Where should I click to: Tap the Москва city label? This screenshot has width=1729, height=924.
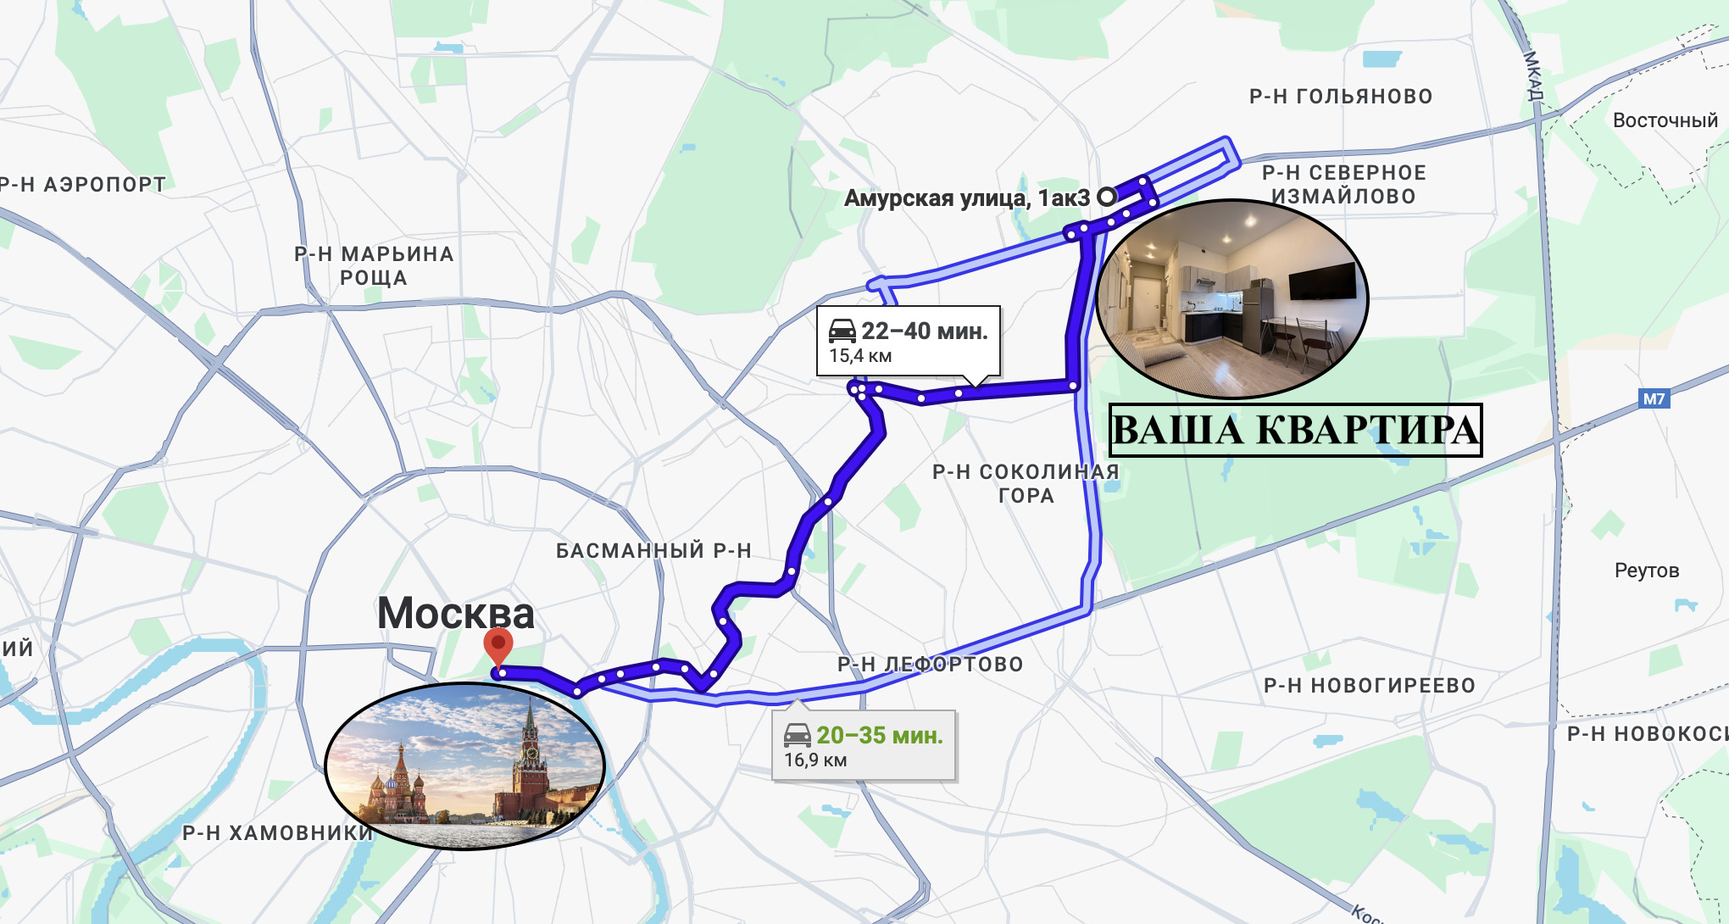(x=455, y=613)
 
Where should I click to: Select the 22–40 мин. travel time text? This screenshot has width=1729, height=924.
(x=924, y=331)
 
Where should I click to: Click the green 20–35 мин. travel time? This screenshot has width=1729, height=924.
(x=879, y=735)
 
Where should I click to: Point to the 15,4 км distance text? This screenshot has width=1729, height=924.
(x=859, y=356)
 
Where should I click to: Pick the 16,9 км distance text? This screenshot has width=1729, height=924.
(x=814, y=760)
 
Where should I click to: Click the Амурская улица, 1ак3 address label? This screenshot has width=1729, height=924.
(x=966, y=198)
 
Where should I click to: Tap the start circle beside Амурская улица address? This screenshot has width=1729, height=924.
(x=1106, y=197)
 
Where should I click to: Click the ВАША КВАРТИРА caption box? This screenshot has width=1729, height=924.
(x=1295, y=430)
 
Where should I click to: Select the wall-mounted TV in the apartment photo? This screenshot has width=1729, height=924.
(x=1322, y=281)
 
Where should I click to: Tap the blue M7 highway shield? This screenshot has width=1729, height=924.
(x=1654, y=398)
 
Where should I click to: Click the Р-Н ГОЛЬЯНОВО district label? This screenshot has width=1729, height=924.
(x=1341, y=97)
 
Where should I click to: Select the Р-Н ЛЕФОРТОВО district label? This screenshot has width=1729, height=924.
(x=930, y=665)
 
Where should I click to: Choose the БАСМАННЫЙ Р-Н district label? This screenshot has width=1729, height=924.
(x=653, y=551)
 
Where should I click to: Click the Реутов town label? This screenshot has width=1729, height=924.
(x=1646, y=571)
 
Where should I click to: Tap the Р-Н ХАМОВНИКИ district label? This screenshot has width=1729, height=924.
(x=277, y=833)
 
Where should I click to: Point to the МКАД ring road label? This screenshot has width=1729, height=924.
(x=1533, y=75)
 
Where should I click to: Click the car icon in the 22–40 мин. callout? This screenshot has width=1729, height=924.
(x=842, y=331)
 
